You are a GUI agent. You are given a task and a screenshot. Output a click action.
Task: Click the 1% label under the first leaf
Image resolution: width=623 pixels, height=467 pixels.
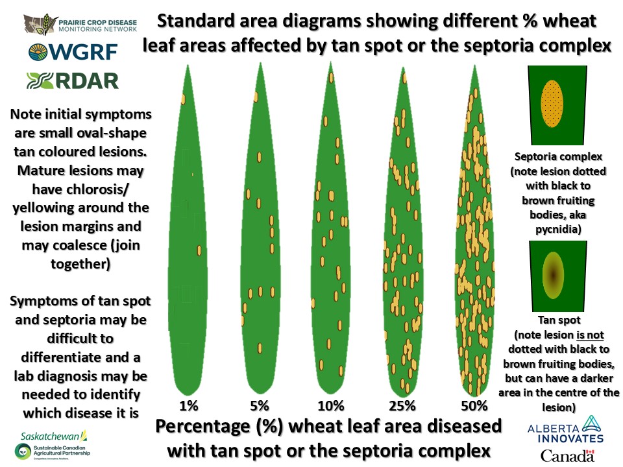pyautogui.click(x=189, y=406)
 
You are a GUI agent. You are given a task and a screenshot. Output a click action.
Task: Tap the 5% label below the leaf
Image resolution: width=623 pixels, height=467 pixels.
pyautogui.click(x=260, y=406)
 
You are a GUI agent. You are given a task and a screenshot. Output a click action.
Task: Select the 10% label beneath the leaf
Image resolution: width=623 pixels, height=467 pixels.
pyautogui.click(x=331, y=406)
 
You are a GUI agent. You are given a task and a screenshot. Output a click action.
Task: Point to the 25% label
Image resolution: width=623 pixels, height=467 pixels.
pyautogui.click(x=402, y=406)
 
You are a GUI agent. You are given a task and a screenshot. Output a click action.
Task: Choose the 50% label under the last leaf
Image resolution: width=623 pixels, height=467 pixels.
pyautogui.click(x=474, y=406)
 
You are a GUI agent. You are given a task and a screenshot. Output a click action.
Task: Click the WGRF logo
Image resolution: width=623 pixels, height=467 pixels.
pyautogui.click(x=73, y=52)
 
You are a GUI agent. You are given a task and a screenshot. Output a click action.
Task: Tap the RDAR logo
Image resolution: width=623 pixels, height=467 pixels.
pyautogui.click(x=73, y=80)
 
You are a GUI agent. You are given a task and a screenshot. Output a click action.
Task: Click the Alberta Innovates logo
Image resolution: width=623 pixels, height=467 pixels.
pyautogui.click(x=566, y=429)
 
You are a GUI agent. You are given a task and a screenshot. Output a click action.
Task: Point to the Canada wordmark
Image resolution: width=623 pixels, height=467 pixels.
pyautogui.click(x=567, y=455)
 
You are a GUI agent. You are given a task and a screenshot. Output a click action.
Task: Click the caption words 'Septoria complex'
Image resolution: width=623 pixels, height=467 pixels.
pyautogui.click(x=558, y=156)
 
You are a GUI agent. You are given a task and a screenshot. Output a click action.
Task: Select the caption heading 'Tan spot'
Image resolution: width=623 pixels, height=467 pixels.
pyautogui.click(x=559, y=320)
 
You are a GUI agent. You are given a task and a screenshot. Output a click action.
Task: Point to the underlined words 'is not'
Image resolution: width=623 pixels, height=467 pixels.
pyautogui.click(x=590, y=335)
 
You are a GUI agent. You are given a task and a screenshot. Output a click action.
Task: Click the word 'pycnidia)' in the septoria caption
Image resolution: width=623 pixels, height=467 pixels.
pyautogui.click(x=558, y=229)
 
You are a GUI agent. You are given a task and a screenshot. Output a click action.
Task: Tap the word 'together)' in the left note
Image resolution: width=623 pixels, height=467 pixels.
pyautogui.click(x=80, y=264)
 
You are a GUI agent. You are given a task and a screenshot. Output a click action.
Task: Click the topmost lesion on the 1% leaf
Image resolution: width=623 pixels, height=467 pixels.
pyautogui.click(x=183, y=99)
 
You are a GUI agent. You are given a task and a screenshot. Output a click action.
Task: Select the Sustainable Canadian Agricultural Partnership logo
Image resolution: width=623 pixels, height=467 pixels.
pyautogui.click(x=53, y=451)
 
